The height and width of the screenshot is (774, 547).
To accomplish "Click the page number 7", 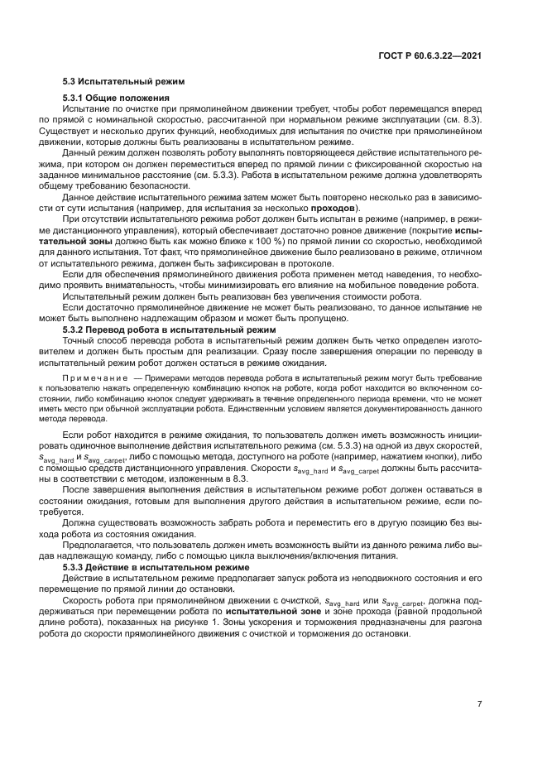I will click(x=480, y=704).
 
